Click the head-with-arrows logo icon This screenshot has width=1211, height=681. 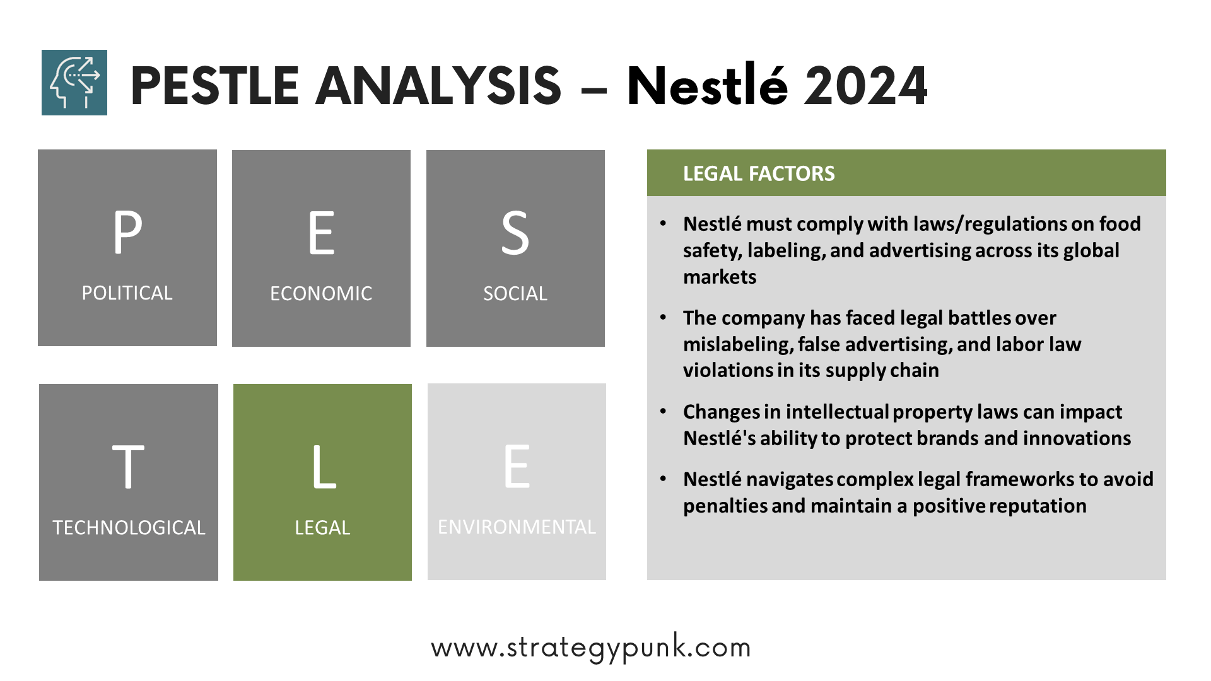pos(74,83)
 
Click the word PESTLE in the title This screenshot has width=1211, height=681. pos(214,86)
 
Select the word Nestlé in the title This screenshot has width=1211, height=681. pos(707,84)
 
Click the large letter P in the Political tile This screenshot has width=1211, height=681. pos(128,231)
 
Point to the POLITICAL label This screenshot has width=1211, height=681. pos(127,293)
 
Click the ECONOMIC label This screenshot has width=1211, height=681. pos(321,293)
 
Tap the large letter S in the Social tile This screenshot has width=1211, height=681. pos(515,233)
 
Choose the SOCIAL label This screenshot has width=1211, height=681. pos(515,293)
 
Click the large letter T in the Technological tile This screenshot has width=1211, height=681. pos(128,467)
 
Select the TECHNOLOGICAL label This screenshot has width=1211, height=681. pos(129,527)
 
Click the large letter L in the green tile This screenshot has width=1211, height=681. pos(324,467)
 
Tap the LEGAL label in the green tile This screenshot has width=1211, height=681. pos(322,527)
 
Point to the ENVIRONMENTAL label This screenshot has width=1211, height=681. pos(517,527)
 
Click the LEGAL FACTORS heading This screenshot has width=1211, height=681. pos(759,173)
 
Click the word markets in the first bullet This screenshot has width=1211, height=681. pos(720,277)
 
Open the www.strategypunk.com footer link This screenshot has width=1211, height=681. pos(591,648)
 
